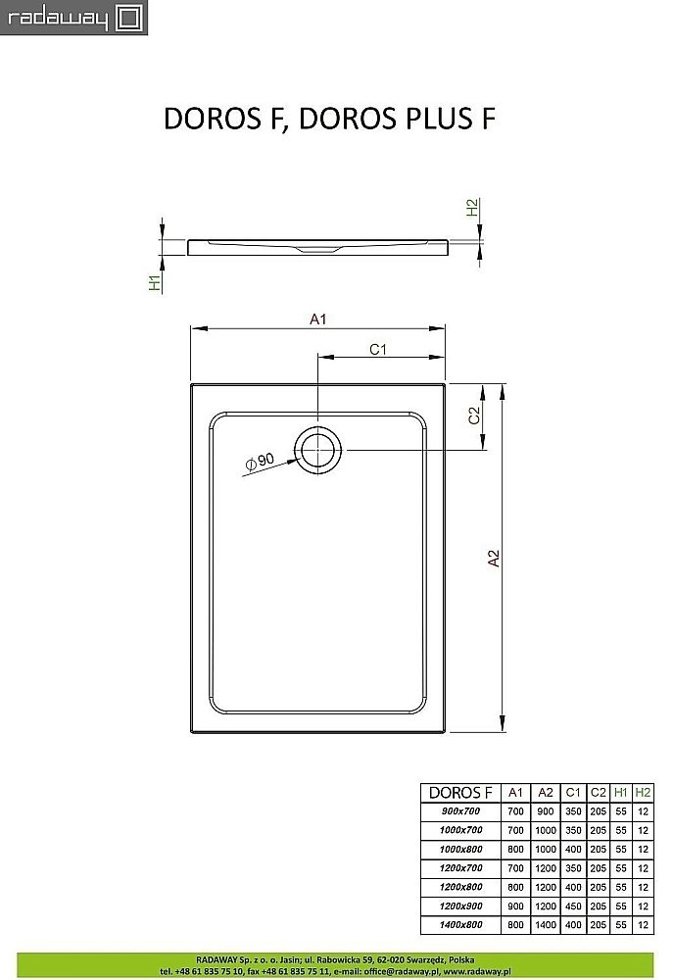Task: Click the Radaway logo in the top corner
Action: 73,18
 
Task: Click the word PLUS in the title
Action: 432,118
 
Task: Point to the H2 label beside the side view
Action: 472,208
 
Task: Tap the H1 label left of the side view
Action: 154,283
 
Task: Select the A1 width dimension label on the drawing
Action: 317,318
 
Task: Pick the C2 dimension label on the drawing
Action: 473,416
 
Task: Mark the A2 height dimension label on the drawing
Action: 495,558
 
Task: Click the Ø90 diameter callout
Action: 260,462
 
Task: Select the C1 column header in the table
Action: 574,792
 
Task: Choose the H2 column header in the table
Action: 643,792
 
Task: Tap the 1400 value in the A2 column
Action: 545,925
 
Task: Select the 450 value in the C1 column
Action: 574,906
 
